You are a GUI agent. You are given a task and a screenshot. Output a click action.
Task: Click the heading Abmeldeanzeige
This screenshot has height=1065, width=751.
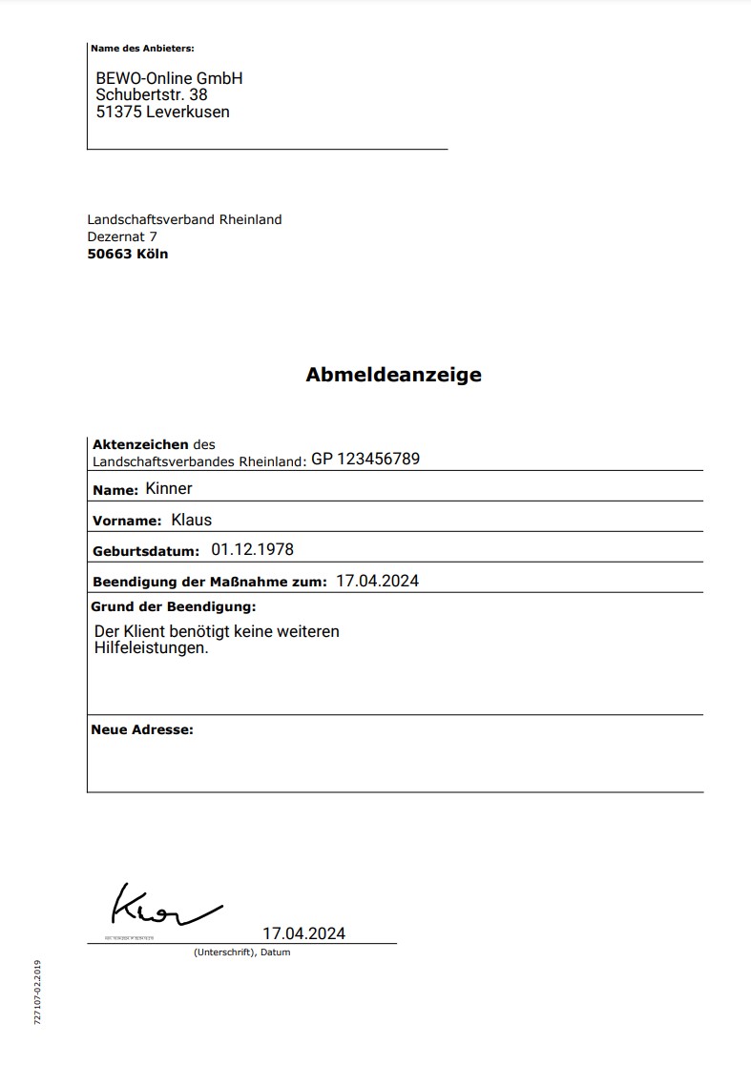(393, 375)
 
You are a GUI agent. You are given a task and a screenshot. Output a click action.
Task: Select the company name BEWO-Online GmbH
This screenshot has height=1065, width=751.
(169, 78)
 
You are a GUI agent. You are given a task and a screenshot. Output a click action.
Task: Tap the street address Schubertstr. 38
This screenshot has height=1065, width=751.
(151, 94)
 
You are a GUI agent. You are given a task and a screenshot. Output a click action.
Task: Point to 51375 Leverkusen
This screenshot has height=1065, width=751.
(162, 112)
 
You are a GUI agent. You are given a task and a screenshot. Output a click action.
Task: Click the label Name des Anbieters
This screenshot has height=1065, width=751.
(142, 48)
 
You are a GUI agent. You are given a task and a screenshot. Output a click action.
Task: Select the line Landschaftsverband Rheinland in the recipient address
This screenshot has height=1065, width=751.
(184, 219)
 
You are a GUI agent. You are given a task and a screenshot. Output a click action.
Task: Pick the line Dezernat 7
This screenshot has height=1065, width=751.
(122, 236)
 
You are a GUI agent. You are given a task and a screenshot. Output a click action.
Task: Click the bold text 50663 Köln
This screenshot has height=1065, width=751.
(127, 254)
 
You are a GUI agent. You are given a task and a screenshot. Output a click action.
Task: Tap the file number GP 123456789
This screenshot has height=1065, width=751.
(365, 459)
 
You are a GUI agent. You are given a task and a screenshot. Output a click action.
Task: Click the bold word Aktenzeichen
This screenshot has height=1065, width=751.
(140, 444)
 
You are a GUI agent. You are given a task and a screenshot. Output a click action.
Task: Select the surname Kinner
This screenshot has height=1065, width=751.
(169, 489)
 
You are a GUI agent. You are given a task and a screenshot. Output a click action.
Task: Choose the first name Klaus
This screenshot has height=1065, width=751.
(191, 520)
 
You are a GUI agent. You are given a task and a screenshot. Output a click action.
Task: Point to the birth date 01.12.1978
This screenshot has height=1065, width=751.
(252, 550)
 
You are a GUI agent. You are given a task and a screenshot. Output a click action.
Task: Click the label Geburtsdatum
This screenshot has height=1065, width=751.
(145, 551)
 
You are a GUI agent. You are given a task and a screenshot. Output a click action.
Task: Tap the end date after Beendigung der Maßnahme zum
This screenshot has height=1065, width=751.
(377, 581)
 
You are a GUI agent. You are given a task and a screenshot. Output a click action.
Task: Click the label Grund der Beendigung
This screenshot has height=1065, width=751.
(173, 606)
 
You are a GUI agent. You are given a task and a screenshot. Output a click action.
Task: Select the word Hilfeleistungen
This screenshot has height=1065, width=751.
(151, 648)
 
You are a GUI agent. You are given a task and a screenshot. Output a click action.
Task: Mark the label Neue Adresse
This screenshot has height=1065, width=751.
(141, 729)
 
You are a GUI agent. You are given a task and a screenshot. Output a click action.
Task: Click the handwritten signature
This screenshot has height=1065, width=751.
(162, 906)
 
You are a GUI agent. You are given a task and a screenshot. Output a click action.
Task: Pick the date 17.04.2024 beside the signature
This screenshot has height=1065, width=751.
(303, 933)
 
